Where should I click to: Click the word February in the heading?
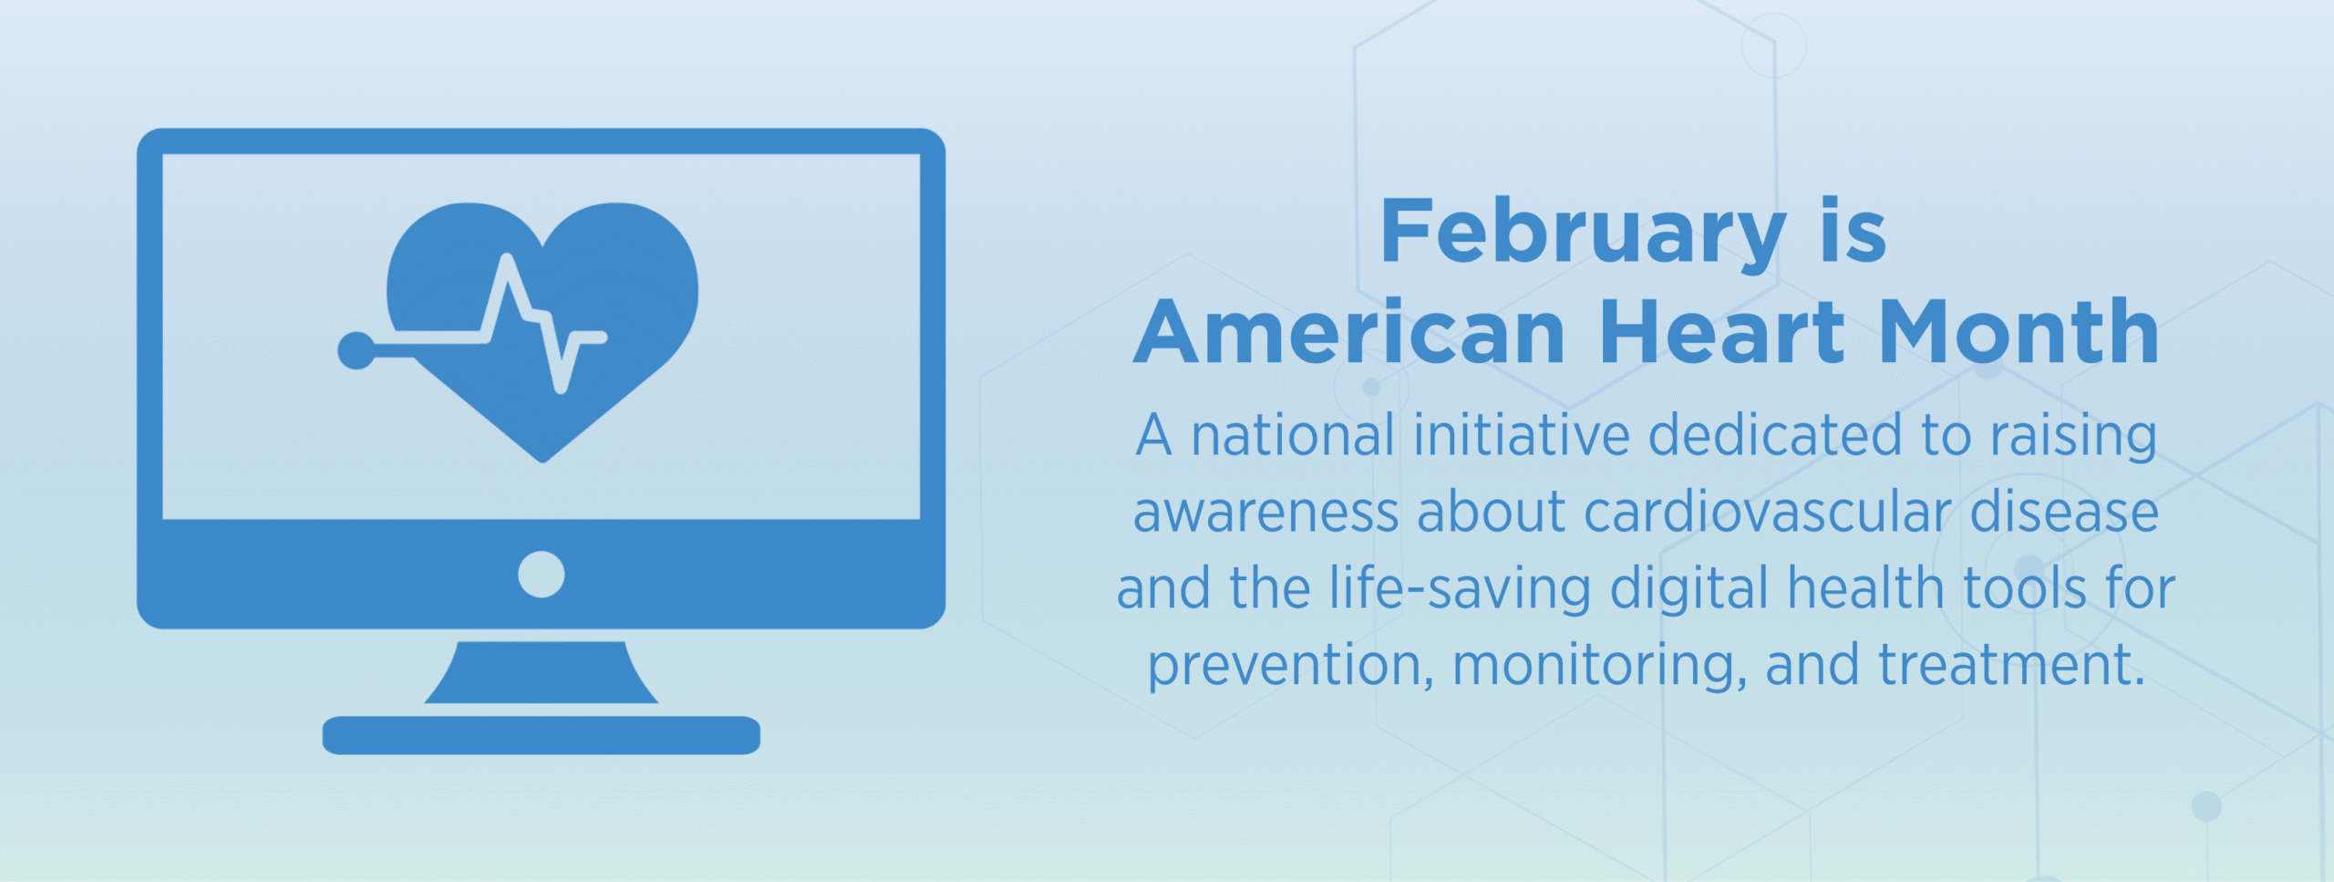pyautogui.click(x=1583, y=233)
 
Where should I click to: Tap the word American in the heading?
pyautogui.click(x=1349, y=333)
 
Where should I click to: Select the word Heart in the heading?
pyautogui.click(x=1722, y=333)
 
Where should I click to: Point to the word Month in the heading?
pyautogui.click(x=2019, y=333)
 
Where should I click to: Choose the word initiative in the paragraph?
pyautogui.click(x=1521, y=436)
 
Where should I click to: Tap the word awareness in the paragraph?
pyautogui.click(x=1265, y=513)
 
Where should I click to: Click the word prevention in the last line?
pyautogui.click(x=1285, y=666)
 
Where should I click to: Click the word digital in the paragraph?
pyautogui.click(x=1689, y=589)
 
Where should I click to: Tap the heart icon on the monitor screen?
pyautogui.click(x=620, y=274)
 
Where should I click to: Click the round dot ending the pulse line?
pyautogui.click(x=356, y=351)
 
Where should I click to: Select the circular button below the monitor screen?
pyautogui.click(x=541, y=575)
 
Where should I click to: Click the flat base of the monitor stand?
pyautogui.click(x=541, y=735)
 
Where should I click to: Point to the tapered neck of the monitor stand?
pyautogui.click(x=541, y=673)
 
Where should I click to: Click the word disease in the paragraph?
pyautogui.click(x=2063, y=513)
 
